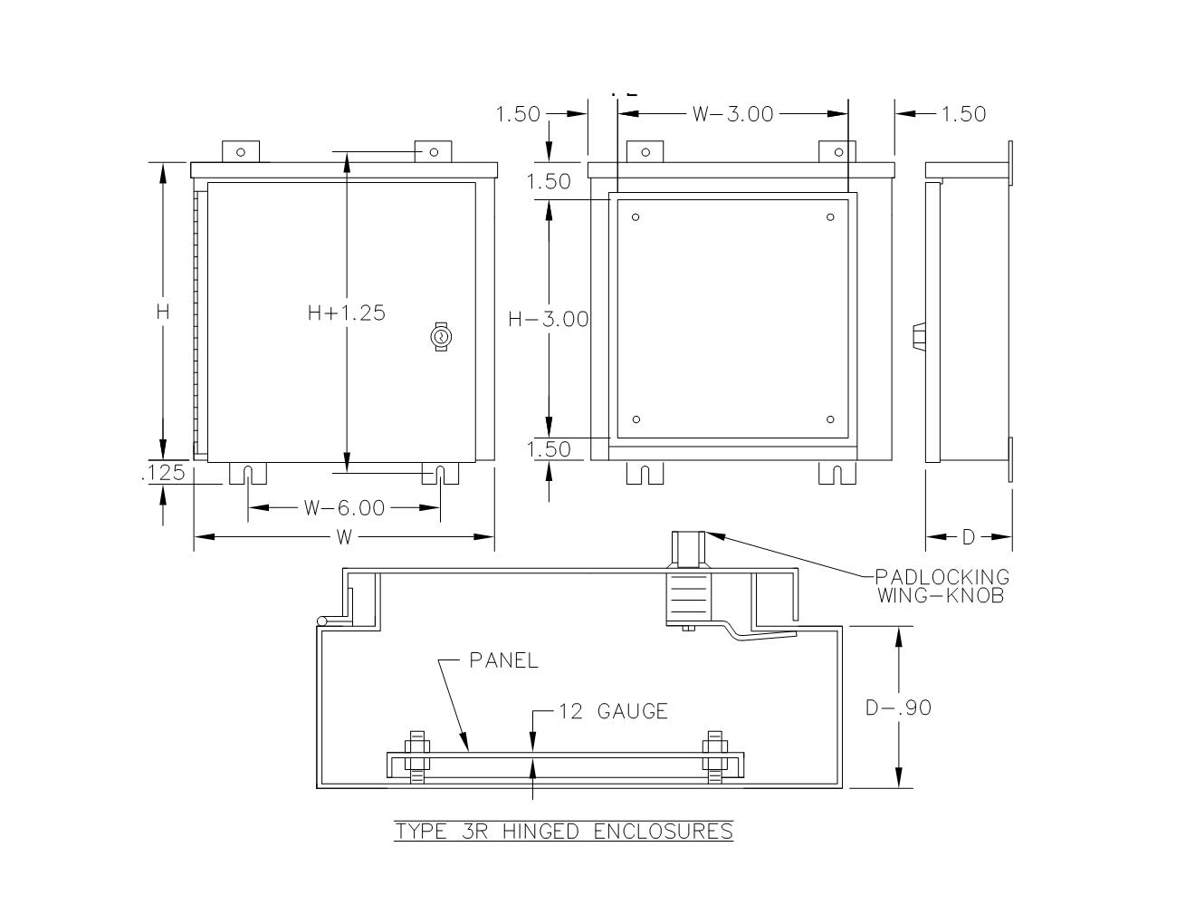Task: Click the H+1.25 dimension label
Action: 346,313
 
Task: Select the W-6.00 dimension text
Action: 344,508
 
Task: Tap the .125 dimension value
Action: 164,473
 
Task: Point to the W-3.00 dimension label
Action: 732,114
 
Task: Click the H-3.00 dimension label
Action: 549,319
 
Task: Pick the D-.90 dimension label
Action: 898,707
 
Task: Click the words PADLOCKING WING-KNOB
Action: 942,586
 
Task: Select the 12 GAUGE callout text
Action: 613,712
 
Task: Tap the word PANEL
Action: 503,661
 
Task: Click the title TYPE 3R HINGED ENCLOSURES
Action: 563,832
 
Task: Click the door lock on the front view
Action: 441,337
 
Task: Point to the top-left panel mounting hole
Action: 636,217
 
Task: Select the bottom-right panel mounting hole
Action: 830,419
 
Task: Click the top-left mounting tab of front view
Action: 241,151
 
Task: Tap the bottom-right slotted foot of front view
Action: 440,474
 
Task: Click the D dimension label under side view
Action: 968,537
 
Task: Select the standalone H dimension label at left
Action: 163,312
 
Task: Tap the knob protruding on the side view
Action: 917,336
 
